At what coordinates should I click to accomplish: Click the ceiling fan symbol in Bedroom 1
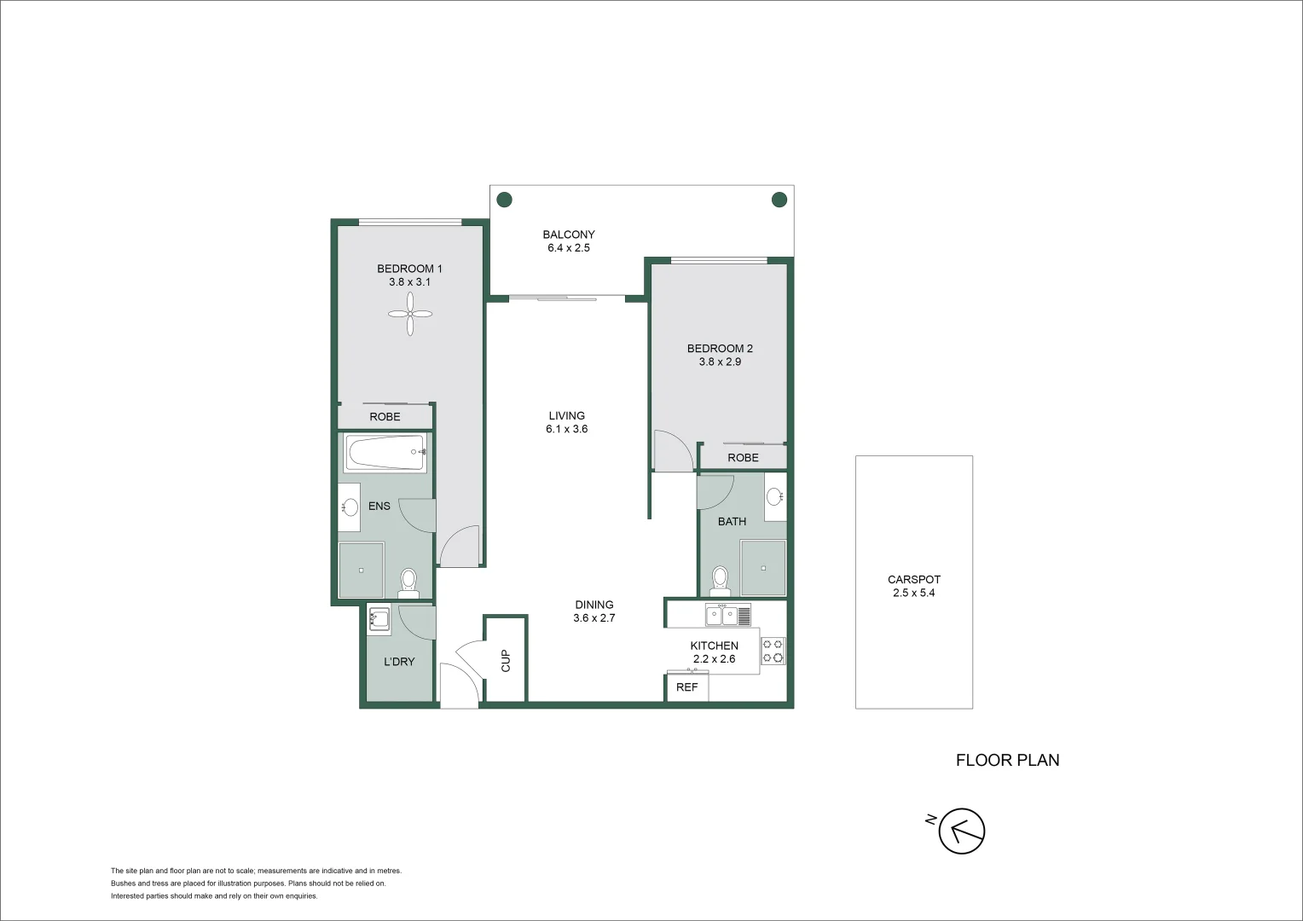(410, 313)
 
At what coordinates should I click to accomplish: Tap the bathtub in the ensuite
(385, 453)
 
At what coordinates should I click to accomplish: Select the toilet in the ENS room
(408, 582)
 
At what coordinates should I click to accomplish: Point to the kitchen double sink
(721, 614)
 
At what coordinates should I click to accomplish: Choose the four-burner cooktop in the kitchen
(773, 651)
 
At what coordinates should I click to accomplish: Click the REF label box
(687, 686)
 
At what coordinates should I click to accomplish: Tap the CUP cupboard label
(506, 660)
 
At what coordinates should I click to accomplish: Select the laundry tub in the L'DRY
(379, 619)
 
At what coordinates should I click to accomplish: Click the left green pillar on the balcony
(505, 200)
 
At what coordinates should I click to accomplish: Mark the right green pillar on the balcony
(779, 200)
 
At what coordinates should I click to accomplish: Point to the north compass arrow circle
(962, 830)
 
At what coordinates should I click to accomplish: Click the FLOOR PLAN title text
(1007, 760)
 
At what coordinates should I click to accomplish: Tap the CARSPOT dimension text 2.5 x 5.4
(913, 593)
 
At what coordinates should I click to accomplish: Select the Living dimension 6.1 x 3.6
(567, 429)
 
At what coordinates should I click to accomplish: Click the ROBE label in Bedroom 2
(743, 458)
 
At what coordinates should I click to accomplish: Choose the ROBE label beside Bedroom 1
(385, 417)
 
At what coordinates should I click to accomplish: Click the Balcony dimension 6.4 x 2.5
(569, 248)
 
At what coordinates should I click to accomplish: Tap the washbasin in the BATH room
(774, 496)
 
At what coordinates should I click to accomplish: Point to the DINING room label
(594, 605)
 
